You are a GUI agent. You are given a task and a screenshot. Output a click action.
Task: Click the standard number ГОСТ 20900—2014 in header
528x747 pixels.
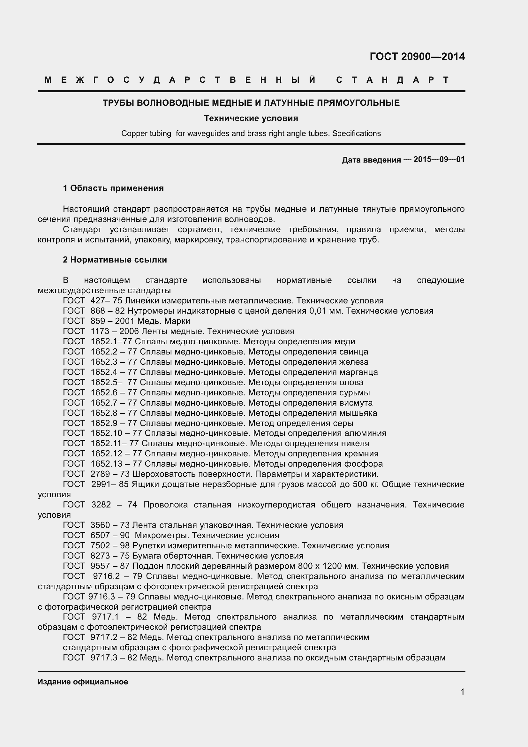tap(417, 57)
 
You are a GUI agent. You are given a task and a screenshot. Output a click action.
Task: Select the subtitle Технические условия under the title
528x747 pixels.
tap(251, 118)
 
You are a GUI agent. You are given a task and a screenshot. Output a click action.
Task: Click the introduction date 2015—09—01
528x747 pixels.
tap(439, 159)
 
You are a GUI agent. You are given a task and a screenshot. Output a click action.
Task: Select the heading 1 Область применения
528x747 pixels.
tap(113, 188)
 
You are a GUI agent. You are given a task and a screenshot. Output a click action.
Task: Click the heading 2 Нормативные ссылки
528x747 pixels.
tap(115, 260)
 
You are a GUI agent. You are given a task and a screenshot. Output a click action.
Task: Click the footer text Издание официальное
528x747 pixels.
tap(83, 682)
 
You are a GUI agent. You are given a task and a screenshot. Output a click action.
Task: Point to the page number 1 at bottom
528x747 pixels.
tap(462, 692)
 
